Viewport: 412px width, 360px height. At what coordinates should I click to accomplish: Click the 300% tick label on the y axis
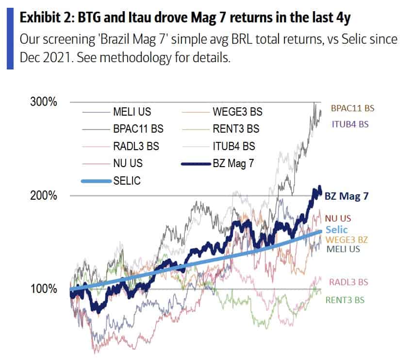click(x=44, y=103)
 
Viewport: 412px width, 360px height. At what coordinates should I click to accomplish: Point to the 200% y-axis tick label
click(x=44, y=196)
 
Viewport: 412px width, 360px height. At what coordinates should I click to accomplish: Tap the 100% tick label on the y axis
click(x=44, y=289)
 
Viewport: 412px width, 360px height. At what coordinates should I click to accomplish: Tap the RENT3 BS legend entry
click(x=236, y=129)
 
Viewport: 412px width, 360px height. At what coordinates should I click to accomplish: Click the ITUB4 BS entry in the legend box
click(x=234, y=146)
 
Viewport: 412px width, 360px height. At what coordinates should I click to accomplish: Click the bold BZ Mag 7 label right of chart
click(x=346, y=196)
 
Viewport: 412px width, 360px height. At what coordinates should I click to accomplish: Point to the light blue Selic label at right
click(x=336, y=229)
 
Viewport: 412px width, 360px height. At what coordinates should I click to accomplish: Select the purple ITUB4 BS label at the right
click(x=350, y=124)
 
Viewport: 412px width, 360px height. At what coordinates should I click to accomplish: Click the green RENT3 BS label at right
click(x=345, y=300)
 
